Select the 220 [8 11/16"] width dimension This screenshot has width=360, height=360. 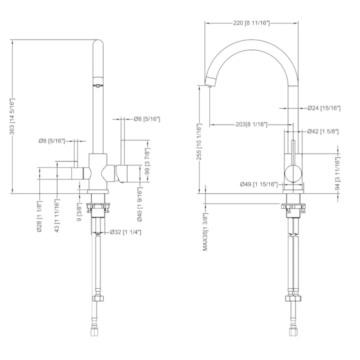point(252,23)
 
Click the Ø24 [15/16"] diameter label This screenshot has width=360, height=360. point(324,108)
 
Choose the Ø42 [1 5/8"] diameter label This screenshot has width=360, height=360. point(323,131)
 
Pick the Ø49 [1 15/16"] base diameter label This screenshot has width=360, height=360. point(259,184)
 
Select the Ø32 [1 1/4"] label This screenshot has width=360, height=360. point(126,232)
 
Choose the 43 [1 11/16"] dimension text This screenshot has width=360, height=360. point(57,215)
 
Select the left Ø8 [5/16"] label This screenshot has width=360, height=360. point(51,141)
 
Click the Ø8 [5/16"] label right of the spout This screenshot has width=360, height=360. point(147,119)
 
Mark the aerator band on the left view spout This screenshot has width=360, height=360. point(98,81)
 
